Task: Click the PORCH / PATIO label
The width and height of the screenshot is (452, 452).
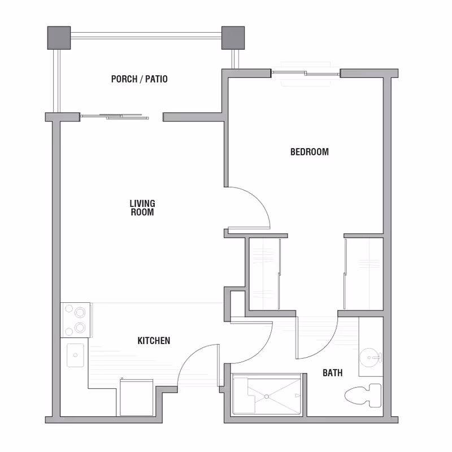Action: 139,79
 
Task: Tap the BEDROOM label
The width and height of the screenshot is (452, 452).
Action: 309,151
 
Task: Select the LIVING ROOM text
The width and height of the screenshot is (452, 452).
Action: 142,208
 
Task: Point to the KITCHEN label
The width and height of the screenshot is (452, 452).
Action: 154,341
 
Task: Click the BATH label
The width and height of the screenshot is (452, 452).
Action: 332,373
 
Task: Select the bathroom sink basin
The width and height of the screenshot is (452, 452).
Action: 371,357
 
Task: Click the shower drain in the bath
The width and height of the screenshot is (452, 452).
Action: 267,397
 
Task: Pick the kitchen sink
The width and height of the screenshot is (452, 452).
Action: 75,355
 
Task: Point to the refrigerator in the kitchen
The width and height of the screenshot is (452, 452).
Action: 136,397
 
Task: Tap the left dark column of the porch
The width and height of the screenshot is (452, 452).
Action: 59,37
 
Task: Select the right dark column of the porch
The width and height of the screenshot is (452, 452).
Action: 232,37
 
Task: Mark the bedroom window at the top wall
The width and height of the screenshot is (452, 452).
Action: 306,73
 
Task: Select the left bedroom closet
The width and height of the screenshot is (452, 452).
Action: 264,273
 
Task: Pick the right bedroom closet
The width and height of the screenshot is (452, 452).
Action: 363,273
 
